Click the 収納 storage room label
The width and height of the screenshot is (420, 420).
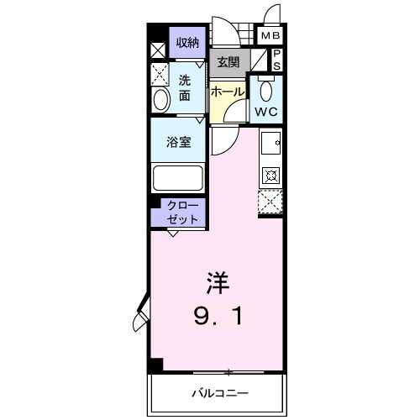coord(187,43)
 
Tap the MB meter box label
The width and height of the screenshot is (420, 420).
coord(270,35)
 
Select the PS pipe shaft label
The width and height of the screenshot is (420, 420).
coord(276,60)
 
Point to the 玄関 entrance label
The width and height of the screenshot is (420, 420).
coord(228,62)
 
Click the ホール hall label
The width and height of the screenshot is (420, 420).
coord(228,92)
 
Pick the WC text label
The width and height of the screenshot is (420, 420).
coord(266,112)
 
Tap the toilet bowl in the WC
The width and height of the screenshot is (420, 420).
coord(266,90)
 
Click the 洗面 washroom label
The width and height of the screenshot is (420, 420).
coord(185,88)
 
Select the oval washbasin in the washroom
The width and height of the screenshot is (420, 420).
coord(161,100)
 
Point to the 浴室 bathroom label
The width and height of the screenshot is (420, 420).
coord(178,142)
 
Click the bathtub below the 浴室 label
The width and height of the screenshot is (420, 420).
coord(177,179)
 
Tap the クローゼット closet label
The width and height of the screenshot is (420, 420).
coord(182,213)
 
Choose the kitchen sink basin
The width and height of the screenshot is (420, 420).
coord(270,143)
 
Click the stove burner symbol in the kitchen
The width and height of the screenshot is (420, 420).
coord(270,176)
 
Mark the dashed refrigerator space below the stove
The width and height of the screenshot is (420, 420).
coord(270,202)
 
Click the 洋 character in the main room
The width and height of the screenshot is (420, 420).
coord(218,283)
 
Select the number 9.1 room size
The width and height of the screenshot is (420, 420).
coord(218,316)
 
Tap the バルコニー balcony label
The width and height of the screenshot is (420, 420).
coord(220,393)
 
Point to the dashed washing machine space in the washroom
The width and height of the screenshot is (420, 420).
coord(160,75)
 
